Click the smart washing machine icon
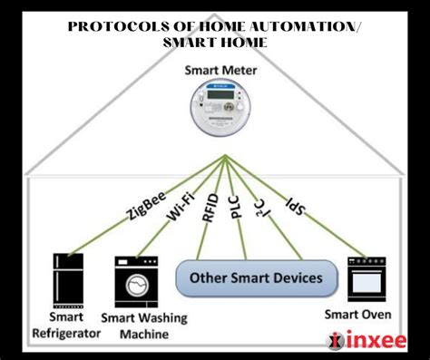(134, 282)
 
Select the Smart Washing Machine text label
(142, 326)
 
